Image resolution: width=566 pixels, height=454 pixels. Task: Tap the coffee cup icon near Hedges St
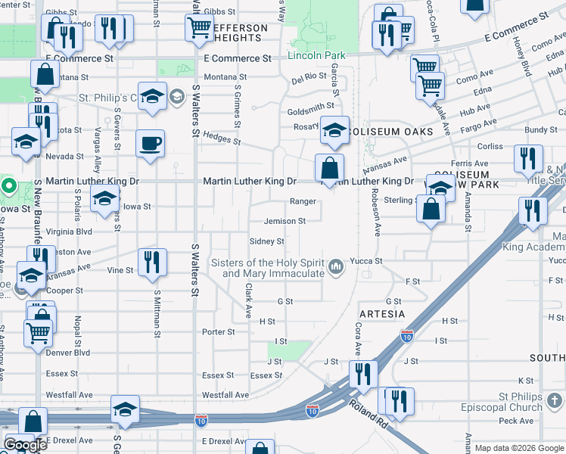tap(150, 143)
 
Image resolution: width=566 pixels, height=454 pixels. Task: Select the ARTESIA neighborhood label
tap(382, 313)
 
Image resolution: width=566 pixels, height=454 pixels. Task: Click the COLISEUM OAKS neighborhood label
tap(391, 132)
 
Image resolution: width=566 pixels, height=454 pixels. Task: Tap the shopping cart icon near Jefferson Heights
tap(199, 27)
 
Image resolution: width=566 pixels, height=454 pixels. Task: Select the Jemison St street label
tap(285, 222)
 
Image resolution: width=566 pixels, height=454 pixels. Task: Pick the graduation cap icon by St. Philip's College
tap(152, 96)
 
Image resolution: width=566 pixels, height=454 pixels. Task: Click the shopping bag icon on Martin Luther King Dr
tap(329, 167)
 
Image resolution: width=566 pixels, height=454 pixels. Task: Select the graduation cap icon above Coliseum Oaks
tap(334, 130)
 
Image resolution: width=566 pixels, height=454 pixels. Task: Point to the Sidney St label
tap(266, 241)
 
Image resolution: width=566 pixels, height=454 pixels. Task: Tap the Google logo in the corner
tap(25, 446)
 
